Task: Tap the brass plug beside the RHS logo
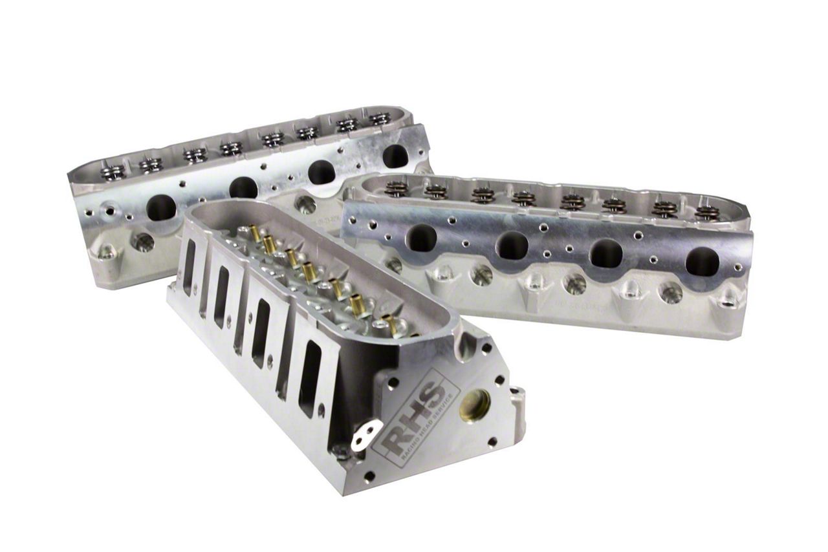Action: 475,406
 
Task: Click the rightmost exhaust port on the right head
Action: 702,261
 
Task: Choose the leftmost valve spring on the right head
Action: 397,188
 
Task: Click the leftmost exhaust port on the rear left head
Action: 160,207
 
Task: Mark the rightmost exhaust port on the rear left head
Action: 395,156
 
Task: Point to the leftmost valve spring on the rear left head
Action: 113,172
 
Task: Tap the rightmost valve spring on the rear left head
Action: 380,119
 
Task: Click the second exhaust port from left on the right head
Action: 512,246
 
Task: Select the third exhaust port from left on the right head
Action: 606,253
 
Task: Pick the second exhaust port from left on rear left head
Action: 243,187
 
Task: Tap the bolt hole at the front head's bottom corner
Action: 369,477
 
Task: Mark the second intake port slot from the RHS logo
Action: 262,333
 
